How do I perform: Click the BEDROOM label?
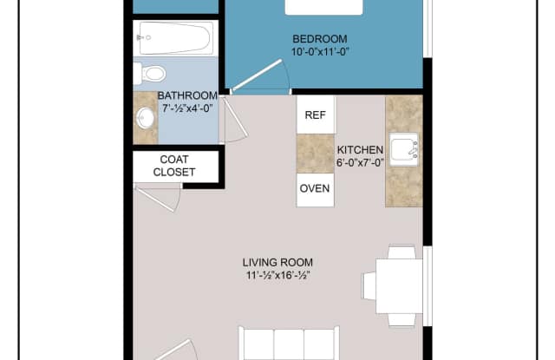(x=320, y=39)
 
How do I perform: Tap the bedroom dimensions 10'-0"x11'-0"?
(x=320, y=52)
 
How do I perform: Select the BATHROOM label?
(x=186, y=96)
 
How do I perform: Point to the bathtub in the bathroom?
(x=174, y=38)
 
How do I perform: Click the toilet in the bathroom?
(x=150, y=74)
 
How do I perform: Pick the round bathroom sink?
(x=145, y=118)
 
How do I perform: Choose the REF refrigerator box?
(x=316, y=115)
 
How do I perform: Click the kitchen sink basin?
(x=403, y=151)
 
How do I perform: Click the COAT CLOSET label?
(x=174, y=166)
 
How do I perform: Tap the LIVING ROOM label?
(x=277, y=263)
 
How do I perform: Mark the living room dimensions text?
(x=277, y=276)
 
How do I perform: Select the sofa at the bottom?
(x=289, y=344)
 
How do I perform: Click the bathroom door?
(x=234, y=121)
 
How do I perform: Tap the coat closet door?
(x=160, y=198)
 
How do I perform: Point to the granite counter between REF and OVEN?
(x=315, y=153)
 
